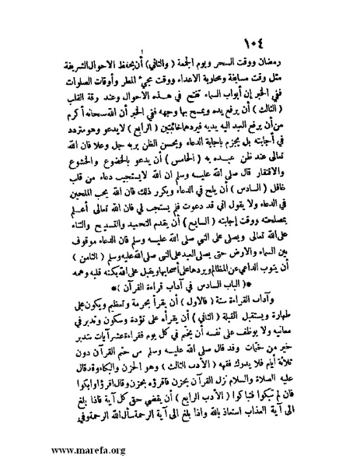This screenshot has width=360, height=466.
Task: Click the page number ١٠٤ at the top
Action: click(x=295, y=40)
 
